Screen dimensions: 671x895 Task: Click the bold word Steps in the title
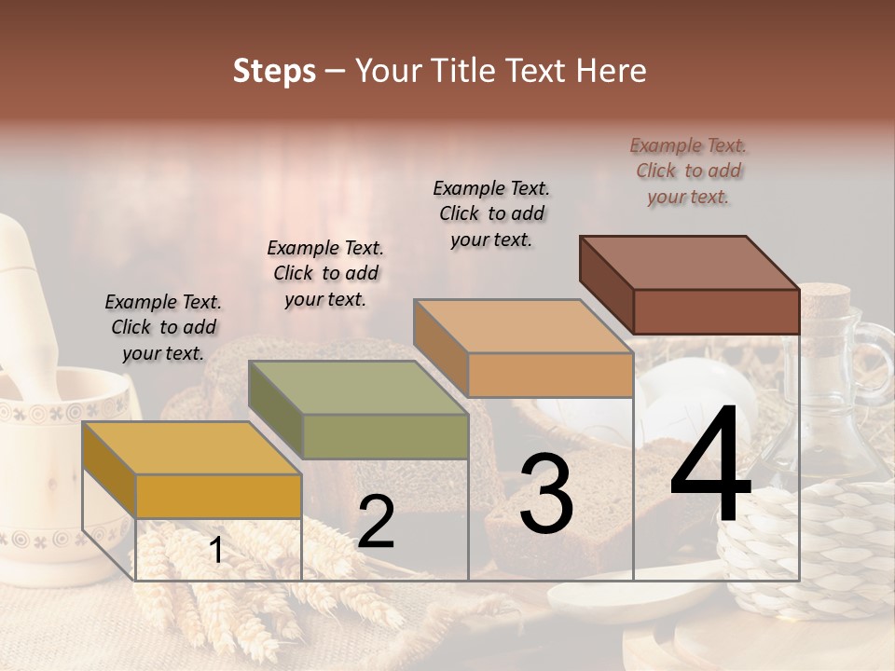[x=274, y=71]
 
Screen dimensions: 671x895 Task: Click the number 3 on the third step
[x=545, y=497]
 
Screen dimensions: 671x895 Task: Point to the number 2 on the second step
[x=376, y=523]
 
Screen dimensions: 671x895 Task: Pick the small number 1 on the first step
[x=216, y=551]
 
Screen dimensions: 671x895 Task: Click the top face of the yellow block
[x=191, y=448]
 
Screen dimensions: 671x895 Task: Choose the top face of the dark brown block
[x=689, y=263]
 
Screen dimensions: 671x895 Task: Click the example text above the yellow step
[x=163, y=327]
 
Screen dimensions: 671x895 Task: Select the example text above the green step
[x=325, y=273]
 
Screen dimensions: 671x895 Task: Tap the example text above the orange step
[x=491, y=213]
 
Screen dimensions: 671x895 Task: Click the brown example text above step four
[x=688, y=171]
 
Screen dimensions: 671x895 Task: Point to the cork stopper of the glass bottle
[x=825, y=302]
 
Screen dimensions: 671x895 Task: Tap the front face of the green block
[x=385, y=436]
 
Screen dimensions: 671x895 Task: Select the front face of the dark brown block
[x=716, y=311]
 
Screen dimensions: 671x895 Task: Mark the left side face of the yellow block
[x=109, y=470]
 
